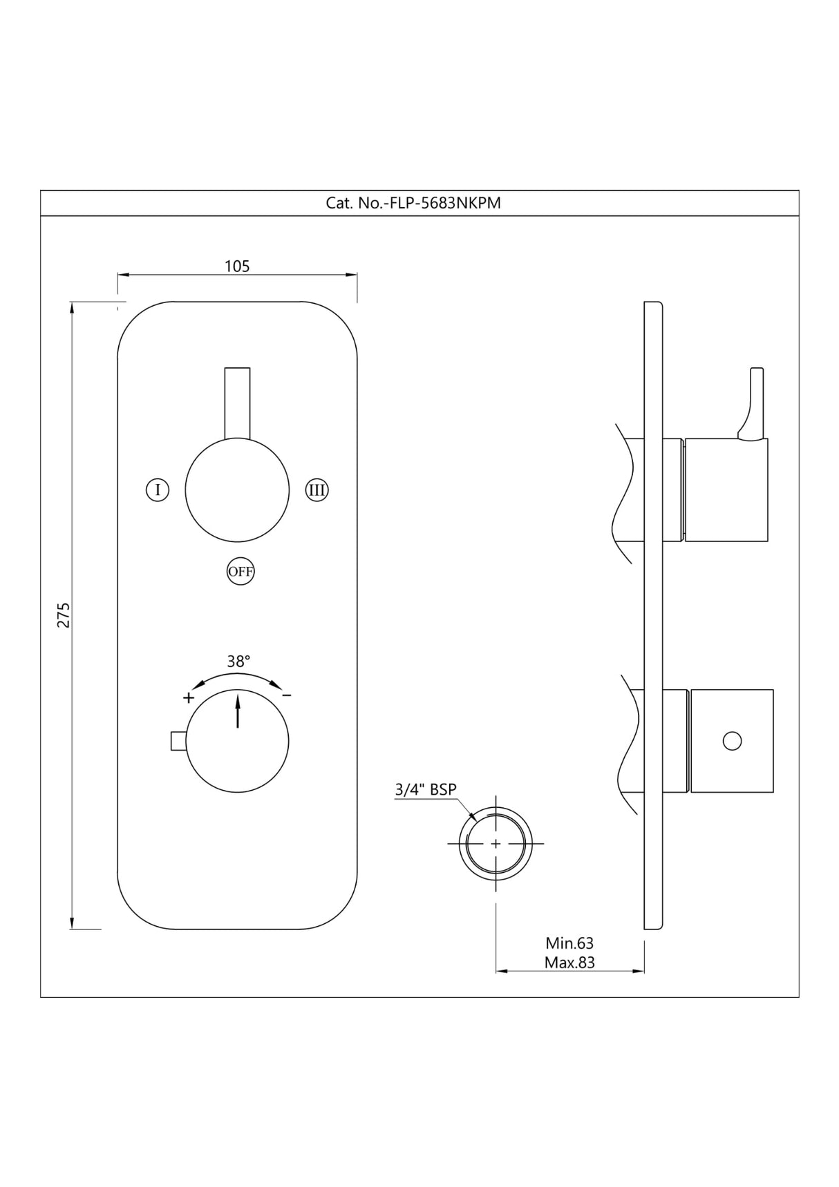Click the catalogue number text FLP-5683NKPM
click(x=413, y=203)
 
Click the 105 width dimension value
click(x=237, y=267)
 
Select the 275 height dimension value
click(x=63, y=615)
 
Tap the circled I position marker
click(x=158, y=490)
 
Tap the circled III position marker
click(x=317, y=490)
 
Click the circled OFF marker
click(x=241, y=572)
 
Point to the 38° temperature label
click(x=238, y=662)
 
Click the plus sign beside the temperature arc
click(x=189, y=697)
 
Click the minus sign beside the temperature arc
click(x=287, y=695)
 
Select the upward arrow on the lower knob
click(x=238, y=711)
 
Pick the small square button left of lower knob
click(x=178, y=740)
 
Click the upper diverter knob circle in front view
click(x=237, y=490)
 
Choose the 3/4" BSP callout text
click(x=425, y=789)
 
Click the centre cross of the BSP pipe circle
click(x=496, y=844)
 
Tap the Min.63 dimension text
click(x=569, y=943)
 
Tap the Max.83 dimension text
click(x=569, y=963)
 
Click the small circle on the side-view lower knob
click(x=732, y=741)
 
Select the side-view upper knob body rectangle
click(x=726, y=490)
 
